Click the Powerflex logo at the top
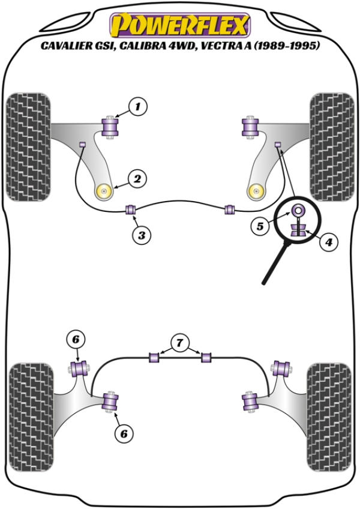pos(179,25)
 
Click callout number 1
pos(137,107)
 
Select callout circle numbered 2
pos(137,178)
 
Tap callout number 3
pos(142,236)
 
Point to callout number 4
pos(329,243)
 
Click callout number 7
pos(178,343)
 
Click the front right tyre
pos(331,146)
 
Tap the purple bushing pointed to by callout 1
pos(112,127)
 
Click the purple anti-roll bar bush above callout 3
pos(131,210)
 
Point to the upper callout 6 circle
pos(76,340)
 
